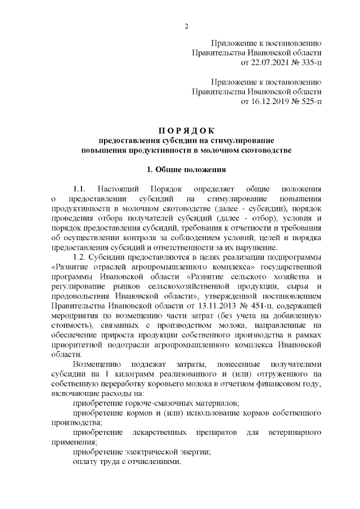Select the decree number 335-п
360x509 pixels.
pos(308,61)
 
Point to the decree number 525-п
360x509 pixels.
pos(308,102)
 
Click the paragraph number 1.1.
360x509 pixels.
pos(79,188)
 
